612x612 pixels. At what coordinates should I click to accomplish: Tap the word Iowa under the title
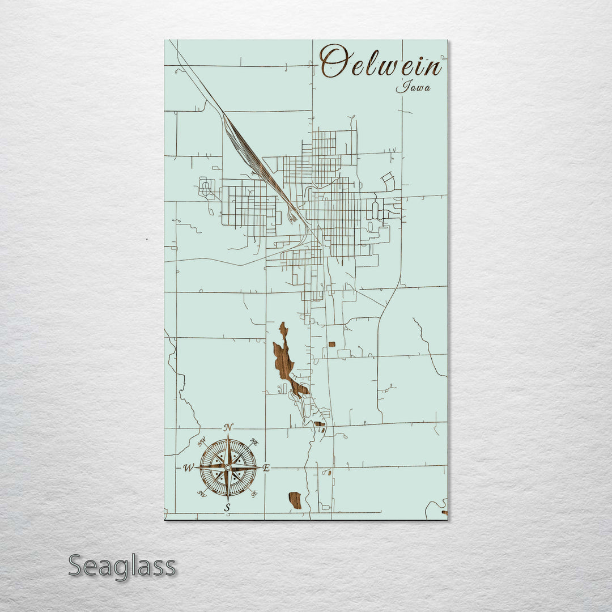point(413,87)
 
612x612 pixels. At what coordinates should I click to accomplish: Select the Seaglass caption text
point(122,566)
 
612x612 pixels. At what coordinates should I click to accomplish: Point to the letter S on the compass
point(227,507)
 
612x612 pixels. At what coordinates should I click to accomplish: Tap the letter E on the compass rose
point(266,467)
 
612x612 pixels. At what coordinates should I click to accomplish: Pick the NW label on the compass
point(202,441)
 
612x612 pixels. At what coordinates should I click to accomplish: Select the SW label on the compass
point(201,494)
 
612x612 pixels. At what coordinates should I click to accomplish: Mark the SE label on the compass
point(254,494)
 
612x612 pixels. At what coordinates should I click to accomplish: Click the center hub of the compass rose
point(228,467)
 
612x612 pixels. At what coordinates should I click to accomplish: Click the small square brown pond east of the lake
point(331,344)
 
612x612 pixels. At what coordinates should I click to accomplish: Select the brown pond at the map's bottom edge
point(295,500)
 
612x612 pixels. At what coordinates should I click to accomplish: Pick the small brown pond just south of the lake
point(320,423)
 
